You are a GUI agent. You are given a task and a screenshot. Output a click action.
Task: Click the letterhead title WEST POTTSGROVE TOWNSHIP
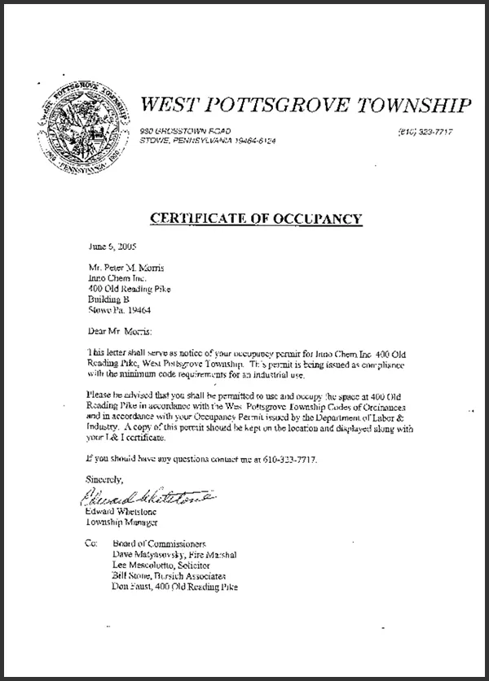click(x=306, y=105)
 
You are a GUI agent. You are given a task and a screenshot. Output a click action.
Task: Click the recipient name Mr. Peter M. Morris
click(x=130, y=267)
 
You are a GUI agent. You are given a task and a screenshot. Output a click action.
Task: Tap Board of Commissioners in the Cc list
click(x=166, y=543)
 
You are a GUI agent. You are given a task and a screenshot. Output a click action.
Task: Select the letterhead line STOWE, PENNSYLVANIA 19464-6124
click(x=207, y=142)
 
